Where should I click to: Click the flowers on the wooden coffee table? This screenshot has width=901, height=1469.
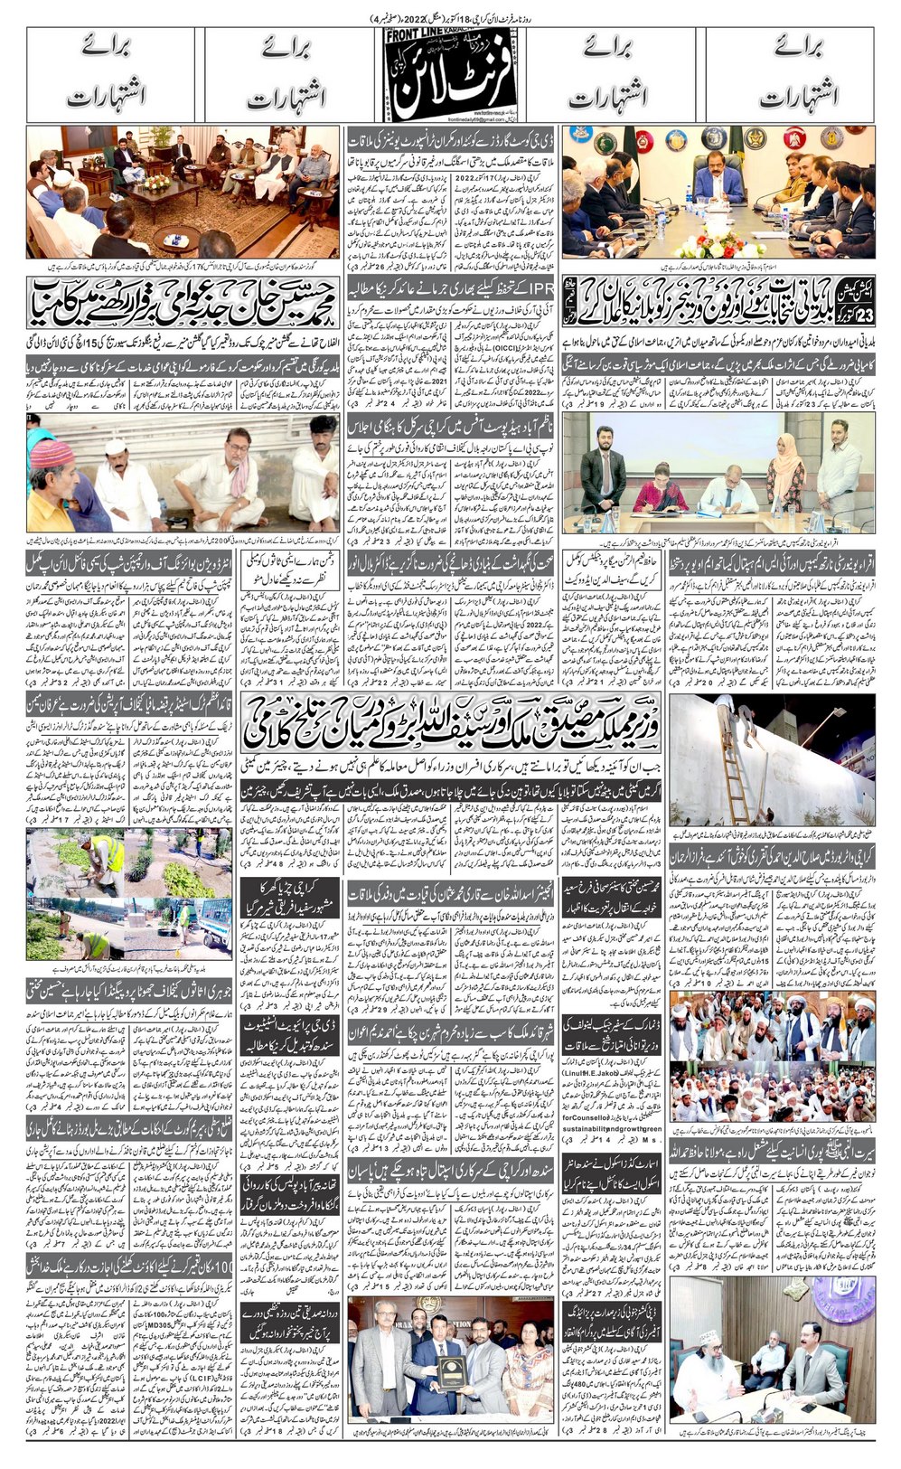pos(156,182)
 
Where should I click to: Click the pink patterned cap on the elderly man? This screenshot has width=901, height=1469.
pos(52,452)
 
